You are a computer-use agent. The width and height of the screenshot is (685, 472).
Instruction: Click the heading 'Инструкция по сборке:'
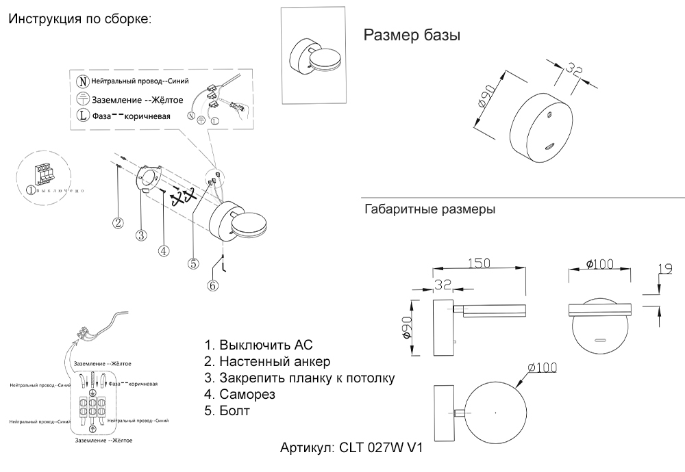[x=79, y=18]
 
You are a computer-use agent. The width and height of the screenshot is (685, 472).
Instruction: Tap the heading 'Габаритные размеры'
[x=429, y=209]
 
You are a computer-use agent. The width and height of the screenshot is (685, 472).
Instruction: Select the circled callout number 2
[x=119, y=222]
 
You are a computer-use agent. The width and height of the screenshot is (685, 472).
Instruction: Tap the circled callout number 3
[x=141, y=235]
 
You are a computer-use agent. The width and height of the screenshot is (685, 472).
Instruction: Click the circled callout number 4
[x=163, y=250]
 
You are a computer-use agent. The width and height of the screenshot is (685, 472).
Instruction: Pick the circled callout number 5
[x=193, y=263]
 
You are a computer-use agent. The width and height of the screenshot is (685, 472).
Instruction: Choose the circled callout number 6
[x=213, y=285]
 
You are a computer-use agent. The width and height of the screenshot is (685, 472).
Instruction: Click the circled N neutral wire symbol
[x=82, y=81]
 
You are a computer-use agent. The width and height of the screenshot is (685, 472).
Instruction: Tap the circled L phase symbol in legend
[x=82, y=115]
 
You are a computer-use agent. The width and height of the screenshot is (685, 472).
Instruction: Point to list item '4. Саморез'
[x=240, y=395]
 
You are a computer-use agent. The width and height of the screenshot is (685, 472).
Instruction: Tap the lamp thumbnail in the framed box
[x=317, y=56]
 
